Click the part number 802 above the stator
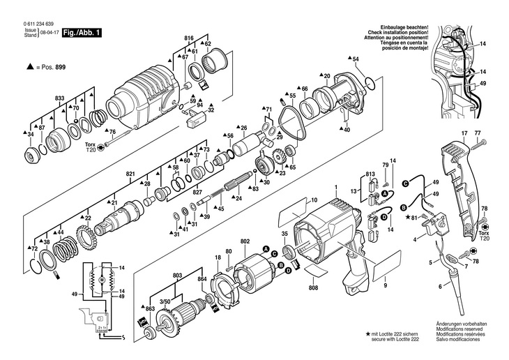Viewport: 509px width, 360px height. (245, 241)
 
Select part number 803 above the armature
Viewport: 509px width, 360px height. (178, 276)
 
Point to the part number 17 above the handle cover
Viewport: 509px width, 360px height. (464, 133)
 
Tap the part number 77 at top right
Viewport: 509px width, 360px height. (478, 133)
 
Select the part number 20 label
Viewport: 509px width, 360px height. (326, 75)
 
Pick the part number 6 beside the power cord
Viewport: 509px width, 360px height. (440, 287)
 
